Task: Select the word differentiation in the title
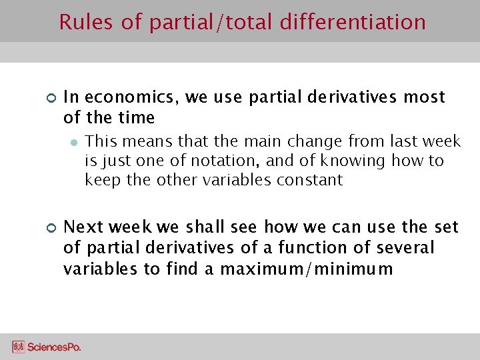[353, 22]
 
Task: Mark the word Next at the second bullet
[81, 227]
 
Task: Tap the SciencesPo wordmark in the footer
[54, 347]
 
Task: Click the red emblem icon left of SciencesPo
[18, 347]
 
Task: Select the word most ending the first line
[423, 97]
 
